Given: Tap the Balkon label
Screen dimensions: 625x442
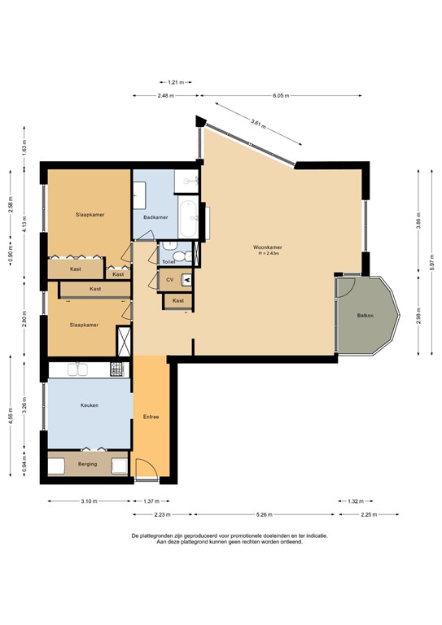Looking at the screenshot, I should (x=365, y=316).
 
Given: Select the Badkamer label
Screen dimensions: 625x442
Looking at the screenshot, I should (x=155, y=217).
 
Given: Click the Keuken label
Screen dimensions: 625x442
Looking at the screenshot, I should (x=89, y=404).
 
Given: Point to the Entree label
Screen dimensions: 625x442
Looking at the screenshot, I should (x=150, y=417).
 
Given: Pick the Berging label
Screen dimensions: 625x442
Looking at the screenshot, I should (x=87, y=464).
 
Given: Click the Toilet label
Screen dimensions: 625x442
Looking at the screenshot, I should (x=168, y=261).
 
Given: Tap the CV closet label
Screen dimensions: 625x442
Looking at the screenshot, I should (x=169, y=280).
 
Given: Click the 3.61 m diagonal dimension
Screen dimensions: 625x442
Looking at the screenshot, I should (x=259, y=125).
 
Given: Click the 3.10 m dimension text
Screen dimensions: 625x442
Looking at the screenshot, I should (x=90, y=501).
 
